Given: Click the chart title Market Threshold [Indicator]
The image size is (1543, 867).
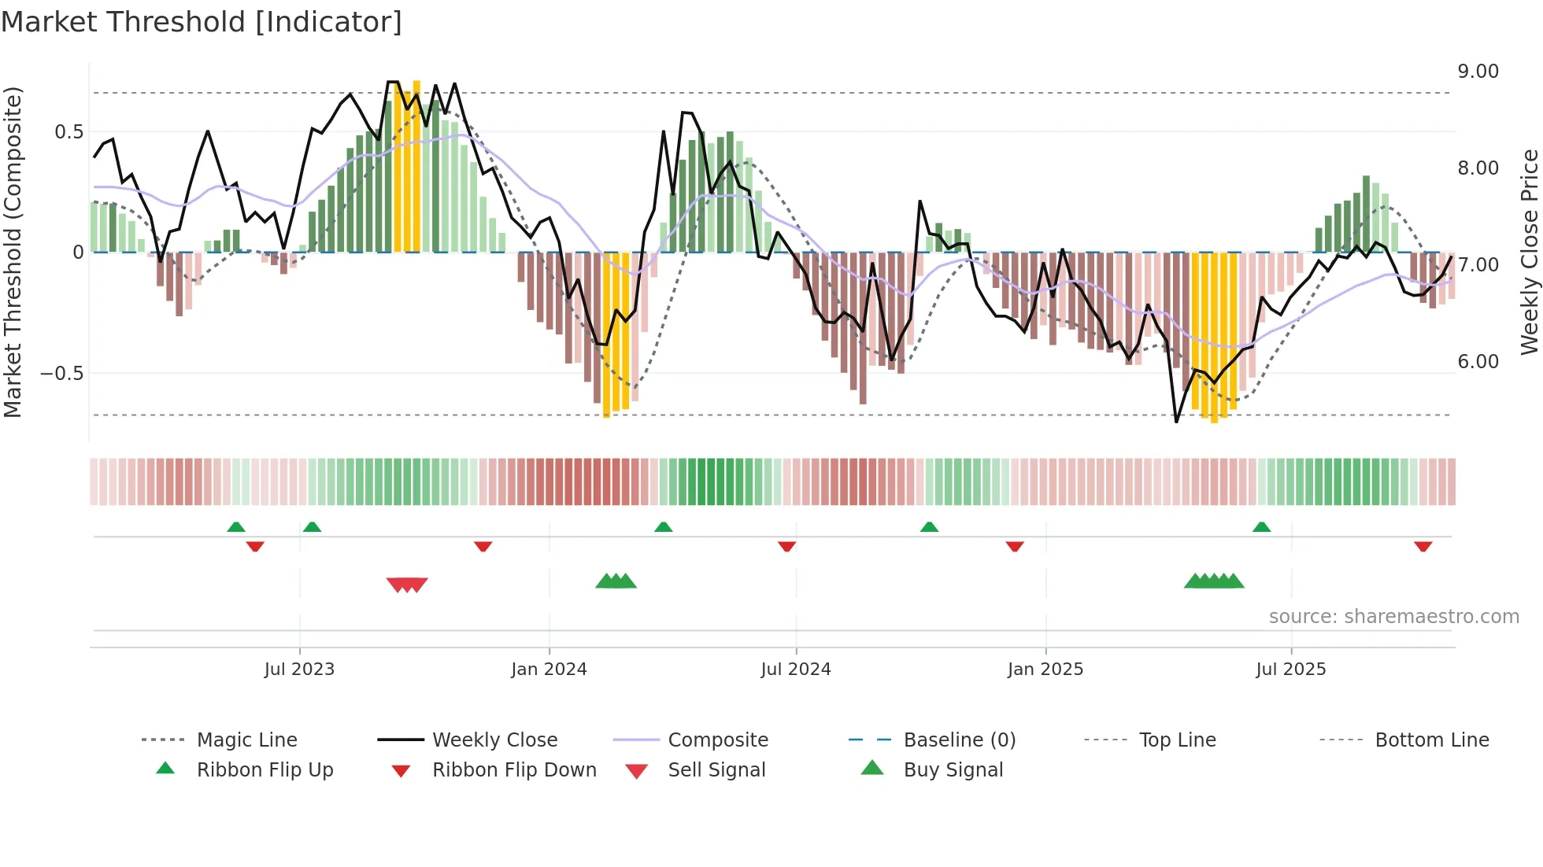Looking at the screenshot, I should pos(202,22).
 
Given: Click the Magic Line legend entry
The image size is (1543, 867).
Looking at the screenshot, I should pos(246,740).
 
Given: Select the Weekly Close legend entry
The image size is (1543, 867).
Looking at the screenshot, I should pos(494,740).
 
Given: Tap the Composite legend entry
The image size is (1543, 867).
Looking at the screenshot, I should pos(717,740).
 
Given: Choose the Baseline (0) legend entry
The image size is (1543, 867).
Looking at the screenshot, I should pos(959,740).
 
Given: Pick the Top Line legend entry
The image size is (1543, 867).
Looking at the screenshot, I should pos(1177,740).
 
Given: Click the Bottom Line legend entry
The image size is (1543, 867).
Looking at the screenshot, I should pos(1431,740).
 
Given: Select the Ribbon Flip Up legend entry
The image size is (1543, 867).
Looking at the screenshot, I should pos(265,770).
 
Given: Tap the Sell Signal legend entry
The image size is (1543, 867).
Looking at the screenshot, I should pos(716,770).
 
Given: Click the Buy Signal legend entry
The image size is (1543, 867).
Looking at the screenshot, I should pos(953,770).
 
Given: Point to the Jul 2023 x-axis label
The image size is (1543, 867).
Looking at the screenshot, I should pos(299,670).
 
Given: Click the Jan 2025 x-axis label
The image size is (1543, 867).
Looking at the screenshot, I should pos(1045,670).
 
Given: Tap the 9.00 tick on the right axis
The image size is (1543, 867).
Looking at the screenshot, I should pos(1478,72).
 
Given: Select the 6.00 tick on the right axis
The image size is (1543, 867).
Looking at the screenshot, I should pos(1478,362).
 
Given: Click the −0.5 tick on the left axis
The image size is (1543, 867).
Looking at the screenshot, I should pos(62,374).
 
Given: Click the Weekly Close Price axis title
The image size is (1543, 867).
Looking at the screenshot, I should pos(1529,252).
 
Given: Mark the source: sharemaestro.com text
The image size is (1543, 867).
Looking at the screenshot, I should pos(1393,617).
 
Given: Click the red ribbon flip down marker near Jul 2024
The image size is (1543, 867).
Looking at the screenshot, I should pos(786,546).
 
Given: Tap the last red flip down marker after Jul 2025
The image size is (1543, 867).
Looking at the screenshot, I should pos(1423,546).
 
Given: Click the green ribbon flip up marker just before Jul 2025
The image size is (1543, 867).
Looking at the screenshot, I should pos(1261,527).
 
